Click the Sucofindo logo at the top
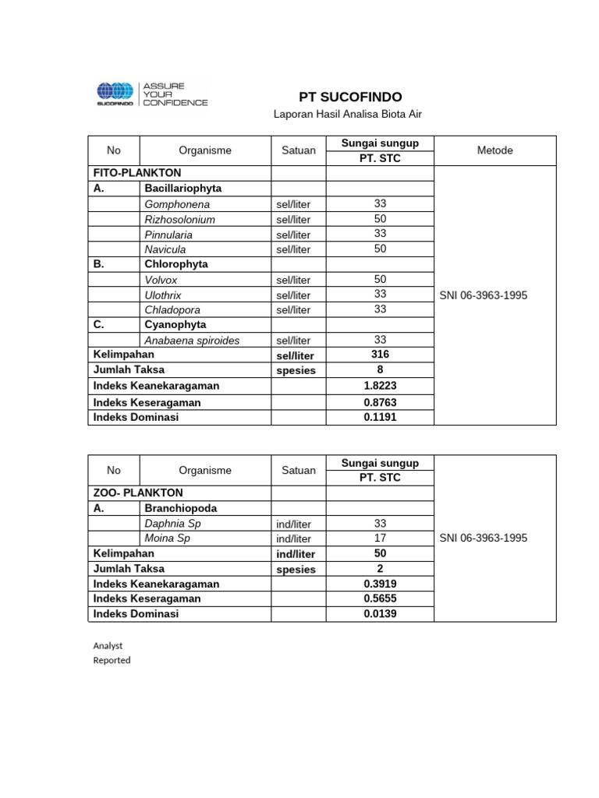152,94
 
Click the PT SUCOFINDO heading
351,97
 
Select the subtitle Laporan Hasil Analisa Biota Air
347,115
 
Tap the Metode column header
494,150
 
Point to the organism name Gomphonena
177,204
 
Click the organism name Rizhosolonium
180,220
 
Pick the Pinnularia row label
168,235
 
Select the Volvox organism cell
161,280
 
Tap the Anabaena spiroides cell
192,341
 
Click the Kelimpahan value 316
380,355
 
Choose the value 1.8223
380,386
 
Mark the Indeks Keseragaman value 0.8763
380,403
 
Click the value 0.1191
380,417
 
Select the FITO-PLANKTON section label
137,173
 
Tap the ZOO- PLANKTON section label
138,493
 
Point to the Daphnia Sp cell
172,524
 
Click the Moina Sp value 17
380,538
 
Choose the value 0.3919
380,584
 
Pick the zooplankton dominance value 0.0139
380,614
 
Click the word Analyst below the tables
108,646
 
